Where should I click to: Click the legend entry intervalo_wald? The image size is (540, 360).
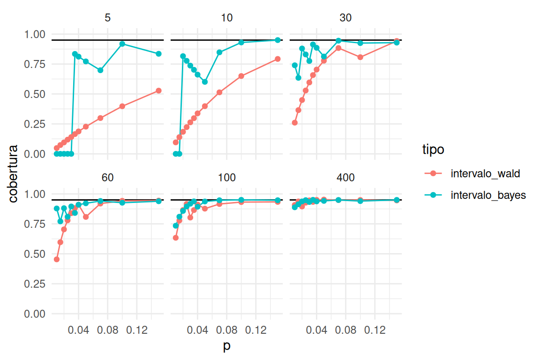[485, 173]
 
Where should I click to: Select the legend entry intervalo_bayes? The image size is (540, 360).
[488, 195]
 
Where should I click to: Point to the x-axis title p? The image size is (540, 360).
[227, 347]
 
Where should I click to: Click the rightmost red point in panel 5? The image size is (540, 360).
[158, 90]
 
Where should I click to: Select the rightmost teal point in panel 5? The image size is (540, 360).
[158, 54]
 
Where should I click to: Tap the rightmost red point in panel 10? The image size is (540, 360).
[277, 59]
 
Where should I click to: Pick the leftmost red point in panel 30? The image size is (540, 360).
[295, 122]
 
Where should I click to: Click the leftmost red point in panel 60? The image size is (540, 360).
[57, 259]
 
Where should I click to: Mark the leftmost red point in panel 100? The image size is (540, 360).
[176, 238]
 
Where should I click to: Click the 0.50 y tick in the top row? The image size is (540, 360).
[35, 94]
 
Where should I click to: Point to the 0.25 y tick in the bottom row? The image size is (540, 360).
[35, 284]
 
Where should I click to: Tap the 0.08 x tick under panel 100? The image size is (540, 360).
[227, 330]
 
